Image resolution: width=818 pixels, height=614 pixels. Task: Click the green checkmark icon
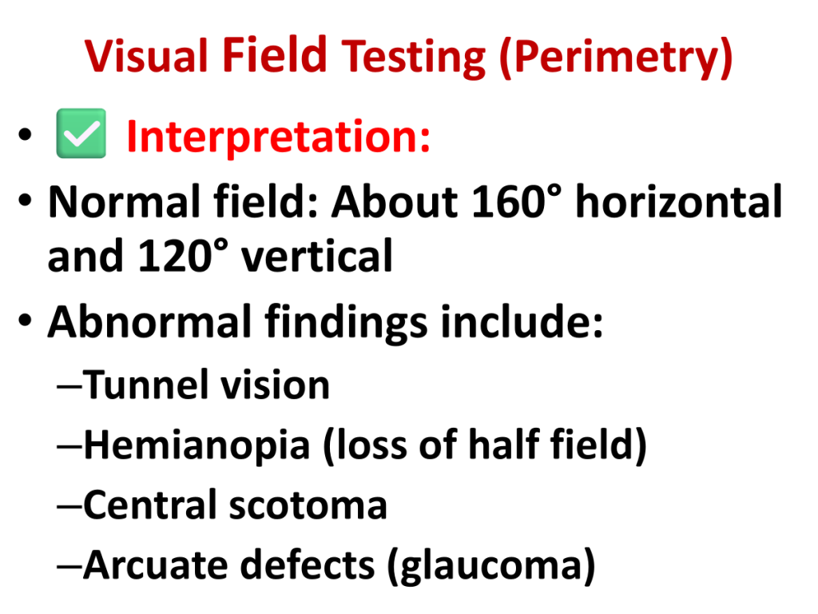pyautogui.click(x=81, y=134)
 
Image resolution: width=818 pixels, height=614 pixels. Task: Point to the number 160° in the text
pyautogui.click(x=517, y=201)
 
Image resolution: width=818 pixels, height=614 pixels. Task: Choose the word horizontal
pyautogui.click(x=678, y=201)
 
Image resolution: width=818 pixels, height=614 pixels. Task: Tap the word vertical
pyautogui.click(x=316, y=256)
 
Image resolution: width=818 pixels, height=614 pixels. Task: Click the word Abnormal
pyautogui.click(x=150, y=322)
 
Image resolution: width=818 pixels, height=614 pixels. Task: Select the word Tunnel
pyautogui.click(x=146, y=385)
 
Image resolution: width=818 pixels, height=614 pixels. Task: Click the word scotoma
pyautogui.click(x=308, y=505)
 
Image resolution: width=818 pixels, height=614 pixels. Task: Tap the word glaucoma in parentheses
pyautogui.click(x=490, y=567)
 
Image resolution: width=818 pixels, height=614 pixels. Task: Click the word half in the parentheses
pyautogui.click(x=503, y=445)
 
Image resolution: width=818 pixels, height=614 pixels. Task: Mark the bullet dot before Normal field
pyautogui.click(x=25, y=201)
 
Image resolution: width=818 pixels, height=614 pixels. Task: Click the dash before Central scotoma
pyautogui.click(x=70, y=506)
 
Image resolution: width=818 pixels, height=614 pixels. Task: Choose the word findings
pyautogui.click(x=347, y=324)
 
